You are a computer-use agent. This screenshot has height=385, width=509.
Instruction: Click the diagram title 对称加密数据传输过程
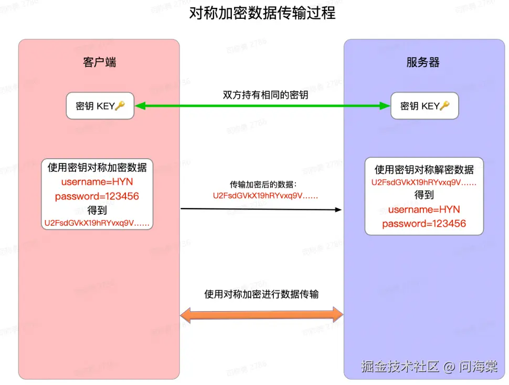pos(262,13)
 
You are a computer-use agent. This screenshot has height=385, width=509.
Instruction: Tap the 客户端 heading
pos(99,62)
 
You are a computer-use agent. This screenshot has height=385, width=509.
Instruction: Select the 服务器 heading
pos(423,62)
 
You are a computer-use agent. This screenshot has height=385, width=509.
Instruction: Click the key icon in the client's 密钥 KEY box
pos(120,106)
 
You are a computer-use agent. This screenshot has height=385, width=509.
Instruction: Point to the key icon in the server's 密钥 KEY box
pos(444,106)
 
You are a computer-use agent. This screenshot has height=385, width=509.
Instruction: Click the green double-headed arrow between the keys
pos(262,106)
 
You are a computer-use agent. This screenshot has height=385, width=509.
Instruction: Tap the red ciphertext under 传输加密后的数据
pos(266,195)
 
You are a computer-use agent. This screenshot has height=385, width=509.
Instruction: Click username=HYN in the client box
pos(97,182)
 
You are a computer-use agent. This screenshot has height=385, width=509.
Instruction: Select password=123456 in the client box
pos(97,196)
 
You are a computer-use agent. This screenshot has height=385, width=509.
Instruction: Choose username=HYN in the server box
pos(424,210)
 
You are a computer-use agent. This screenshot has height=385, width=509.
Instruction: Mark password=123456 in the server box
pos(424,224)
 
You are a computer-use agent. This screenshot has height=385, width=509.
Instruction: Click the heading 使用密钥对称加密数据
pos(97,168)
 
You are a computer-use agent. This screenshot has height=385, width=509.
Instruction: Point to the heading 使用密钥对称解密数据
pos(424,170)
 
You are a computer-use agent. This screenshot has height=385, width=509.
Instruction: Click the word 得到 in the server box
pos(424,195)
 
